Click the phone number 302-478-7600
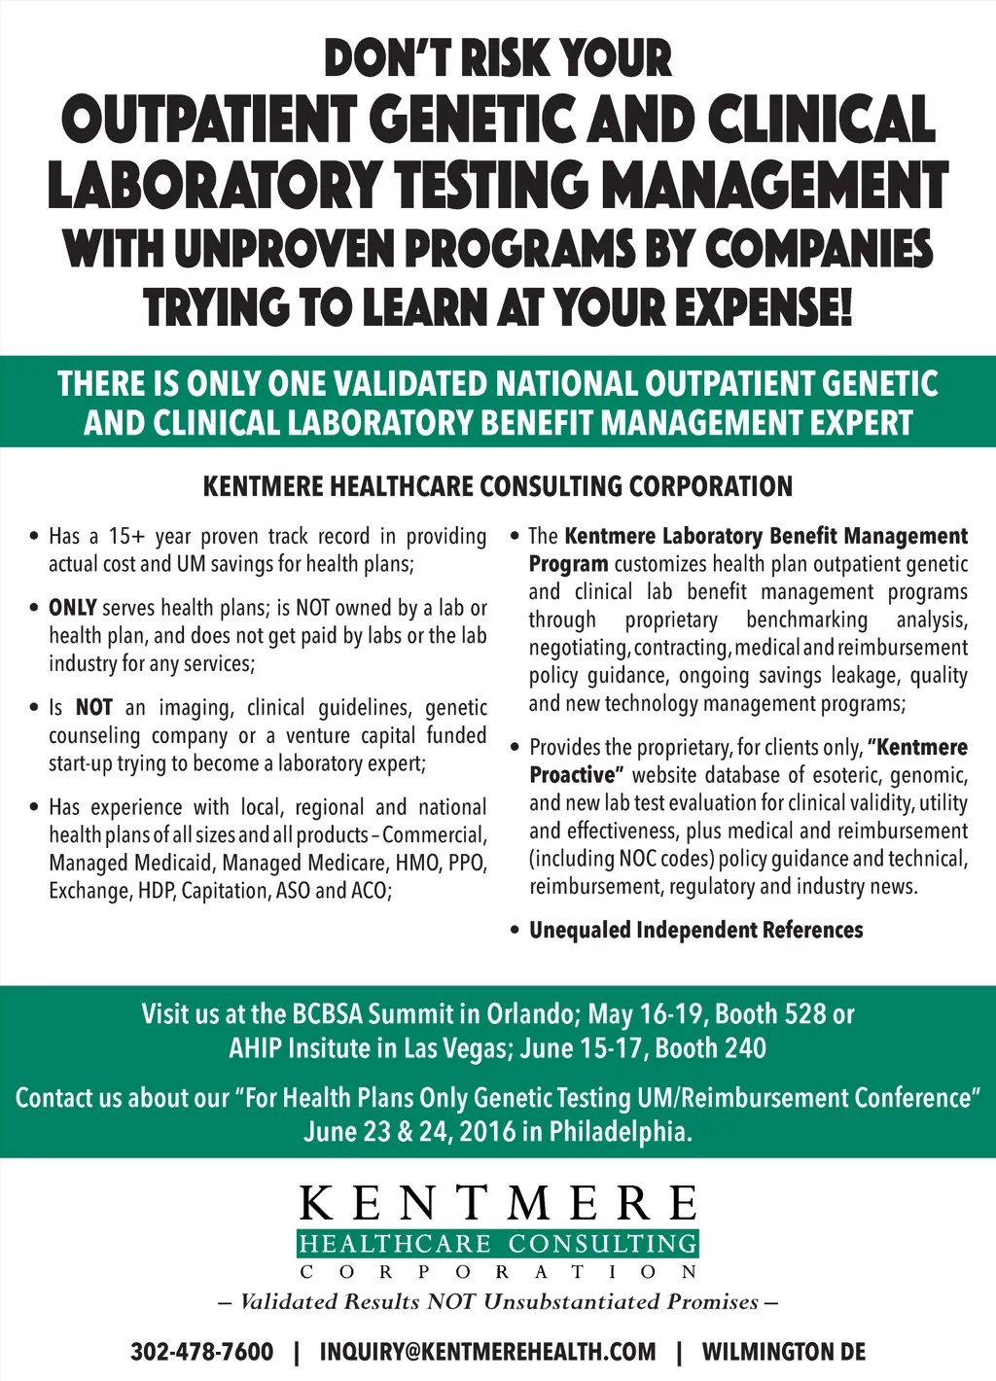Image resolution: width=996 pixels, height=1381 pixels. click(201, 1352)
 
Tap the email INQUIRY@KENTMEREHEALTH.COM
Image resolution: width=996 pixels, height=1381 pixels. click(487, 1352)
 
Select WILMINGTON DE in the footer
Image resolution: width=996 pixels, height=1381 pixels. click(783, 1352)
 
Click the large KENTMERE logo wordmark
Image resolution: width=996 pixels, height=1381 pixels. click(498, 1203)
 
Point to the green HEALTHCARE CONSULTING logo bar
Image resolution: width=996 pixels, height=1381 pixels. click(498, 1244)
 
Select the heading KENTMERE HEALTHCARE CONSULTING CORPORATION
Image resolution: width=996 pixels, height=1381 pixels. click(497, 486)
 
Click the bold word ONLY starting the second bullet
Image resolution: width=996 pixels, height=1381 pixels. click(72, 608)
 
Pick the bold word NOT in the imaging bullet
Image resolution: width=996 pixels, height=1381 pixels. click(93, 708)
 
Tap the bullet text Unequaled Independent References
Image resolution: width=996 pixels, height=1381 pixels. click(695, 931)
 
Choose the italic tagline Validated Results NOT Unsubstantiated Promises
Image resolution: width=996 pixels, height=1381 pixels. click(498, 1301)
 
